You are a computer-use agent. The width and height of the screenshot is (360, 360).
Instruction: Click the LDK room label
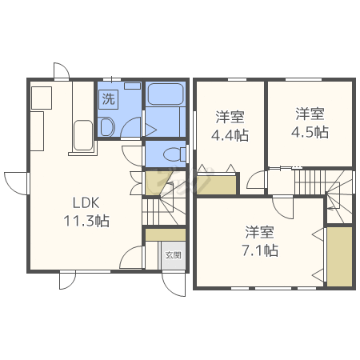point(86,202)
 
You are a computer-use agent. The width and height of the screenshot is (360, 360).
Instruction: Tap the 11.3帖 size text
point(86,221)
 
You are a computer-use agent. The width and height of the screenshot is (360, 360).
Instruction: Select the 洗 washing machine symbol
point(109,99)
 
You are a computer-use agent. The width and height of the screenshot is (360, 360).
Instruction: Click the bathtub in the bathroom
point(166,94)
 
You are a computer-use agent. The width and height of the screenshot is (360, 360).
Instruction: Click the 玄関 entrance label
point(174,255)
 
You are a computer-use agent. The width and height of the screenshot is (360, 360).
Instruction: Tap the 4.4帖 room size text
point(230,135)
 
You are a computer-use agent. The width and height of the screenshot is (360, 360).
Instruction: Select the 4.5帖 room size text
point(310,132)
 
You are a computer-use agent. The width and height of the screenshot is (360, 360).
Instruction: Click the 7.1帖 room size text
point(260,250)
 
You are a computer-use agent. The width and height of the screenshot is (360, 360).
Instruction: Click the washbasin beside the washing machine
point(107,127)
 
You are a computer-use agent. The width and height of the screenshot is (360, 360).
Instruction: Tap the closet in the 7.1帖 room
point(340,257)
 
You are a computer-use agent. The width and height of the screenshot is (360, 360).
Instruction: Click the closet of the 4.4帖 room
point(217,184)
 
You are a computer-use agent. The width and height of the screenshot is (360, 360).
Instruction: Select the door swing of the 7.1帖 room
point(283,208)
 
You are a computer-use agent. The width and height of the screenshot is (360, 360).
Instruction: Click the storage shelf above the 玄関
point(166,234)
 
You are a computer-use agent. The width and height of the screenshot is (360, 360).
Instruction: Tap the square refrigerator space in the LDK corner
point(42,98)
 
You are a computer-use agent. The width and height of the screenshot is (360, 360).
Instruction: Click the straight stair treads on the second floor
point(310,182)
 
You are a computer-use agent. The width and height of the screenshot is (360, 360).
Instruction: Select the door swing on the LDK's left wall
point(15,183)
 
